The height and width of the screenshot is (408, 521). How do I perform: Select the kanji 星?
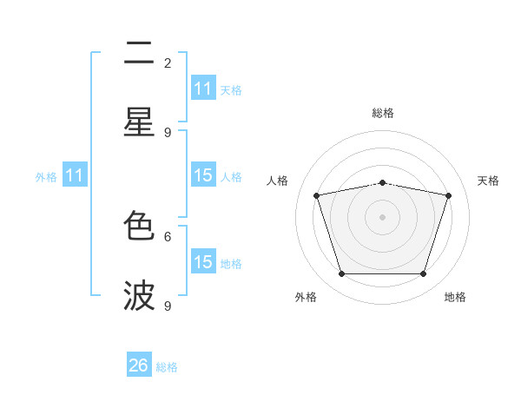(x=139, y=122)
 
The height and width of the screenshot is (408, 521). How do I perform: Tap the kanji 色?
(x=139, y=226)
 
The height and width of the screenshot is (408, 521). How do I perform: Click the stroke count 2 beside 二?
(x=168, y=63)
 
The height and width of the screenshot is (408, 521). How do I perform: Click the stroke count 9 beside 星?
(x=168, y=132)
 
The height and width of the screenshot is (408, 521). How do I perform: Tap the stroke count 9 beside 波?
(x=168, y=306)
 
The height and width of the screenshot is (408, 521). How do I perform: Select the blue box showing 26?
(x=139, y=365)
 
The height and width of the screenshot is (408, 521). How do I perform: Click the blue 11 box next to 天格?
(x=203, y=89)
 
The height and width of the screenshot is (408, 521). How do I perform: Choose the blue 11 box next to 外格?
(x=75, y=175)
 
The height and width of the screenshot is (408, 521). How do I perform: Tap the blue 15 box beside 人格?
(x=203, y=175)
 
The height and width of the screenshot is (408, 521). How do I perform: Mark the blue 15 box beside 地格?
(x=203, y=262)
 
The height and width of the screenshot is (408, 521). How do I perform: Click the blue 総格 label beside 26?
(x=167, y=367)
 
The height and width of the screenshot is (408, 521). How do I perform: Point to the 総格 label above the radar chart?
(x=382, y=113)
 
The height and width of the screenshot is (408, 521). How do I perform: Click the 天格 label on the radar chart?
(x=488, y=181)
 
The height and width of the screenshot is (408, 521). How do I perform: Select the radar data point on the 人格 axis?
(x=317, y=195)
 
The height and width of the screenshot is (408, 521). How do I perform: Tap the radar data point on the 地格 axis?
(x=423, y=273)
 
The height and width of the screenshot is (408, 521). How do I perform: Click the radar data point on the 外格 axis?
(x=341, y=273)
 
